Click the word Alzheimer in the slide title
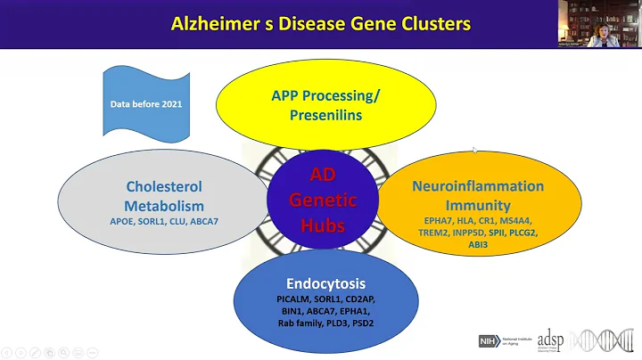click(211, 22)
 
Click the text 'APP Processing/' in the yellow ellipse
click(326, 96)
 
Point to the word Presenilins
click(326, 115)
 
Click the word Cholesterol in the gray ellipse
click(163, 187)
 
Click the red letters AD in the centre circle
click(324, 176)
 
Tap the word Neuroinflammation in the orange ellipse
click(477, 186)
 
